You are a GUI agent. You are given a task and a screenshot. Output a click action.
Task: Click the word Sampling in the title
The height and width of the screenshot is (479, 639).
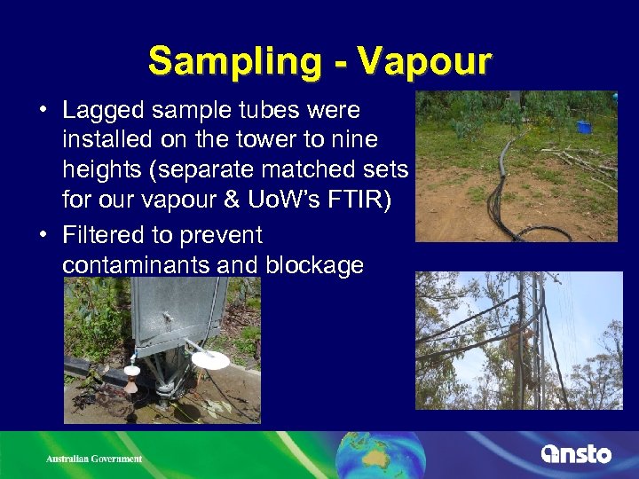pos(227,61)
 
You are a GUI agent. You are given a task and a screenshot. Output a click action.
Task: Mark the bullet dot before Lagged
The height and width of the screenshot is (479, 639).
pos(43,112)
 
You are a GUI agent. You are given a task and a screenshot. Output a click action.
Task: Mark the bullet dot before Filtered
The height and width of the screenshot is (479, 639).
pos(43,236)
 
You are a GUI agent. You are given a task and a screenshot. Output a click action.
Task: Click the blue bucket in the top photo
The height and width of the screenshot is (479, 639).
pos(583,127)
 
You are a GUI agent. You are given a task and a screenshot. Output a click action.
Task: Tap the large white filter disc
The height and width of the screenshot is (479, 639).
pos(210,359)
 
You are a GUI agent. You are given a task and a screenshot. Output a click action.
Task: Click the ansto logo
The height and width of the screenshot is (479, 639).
pos(576,454)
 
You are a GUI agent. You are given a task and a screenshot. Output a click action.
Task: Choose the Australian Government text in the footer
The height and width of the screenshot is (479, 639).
pos(94,459)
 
